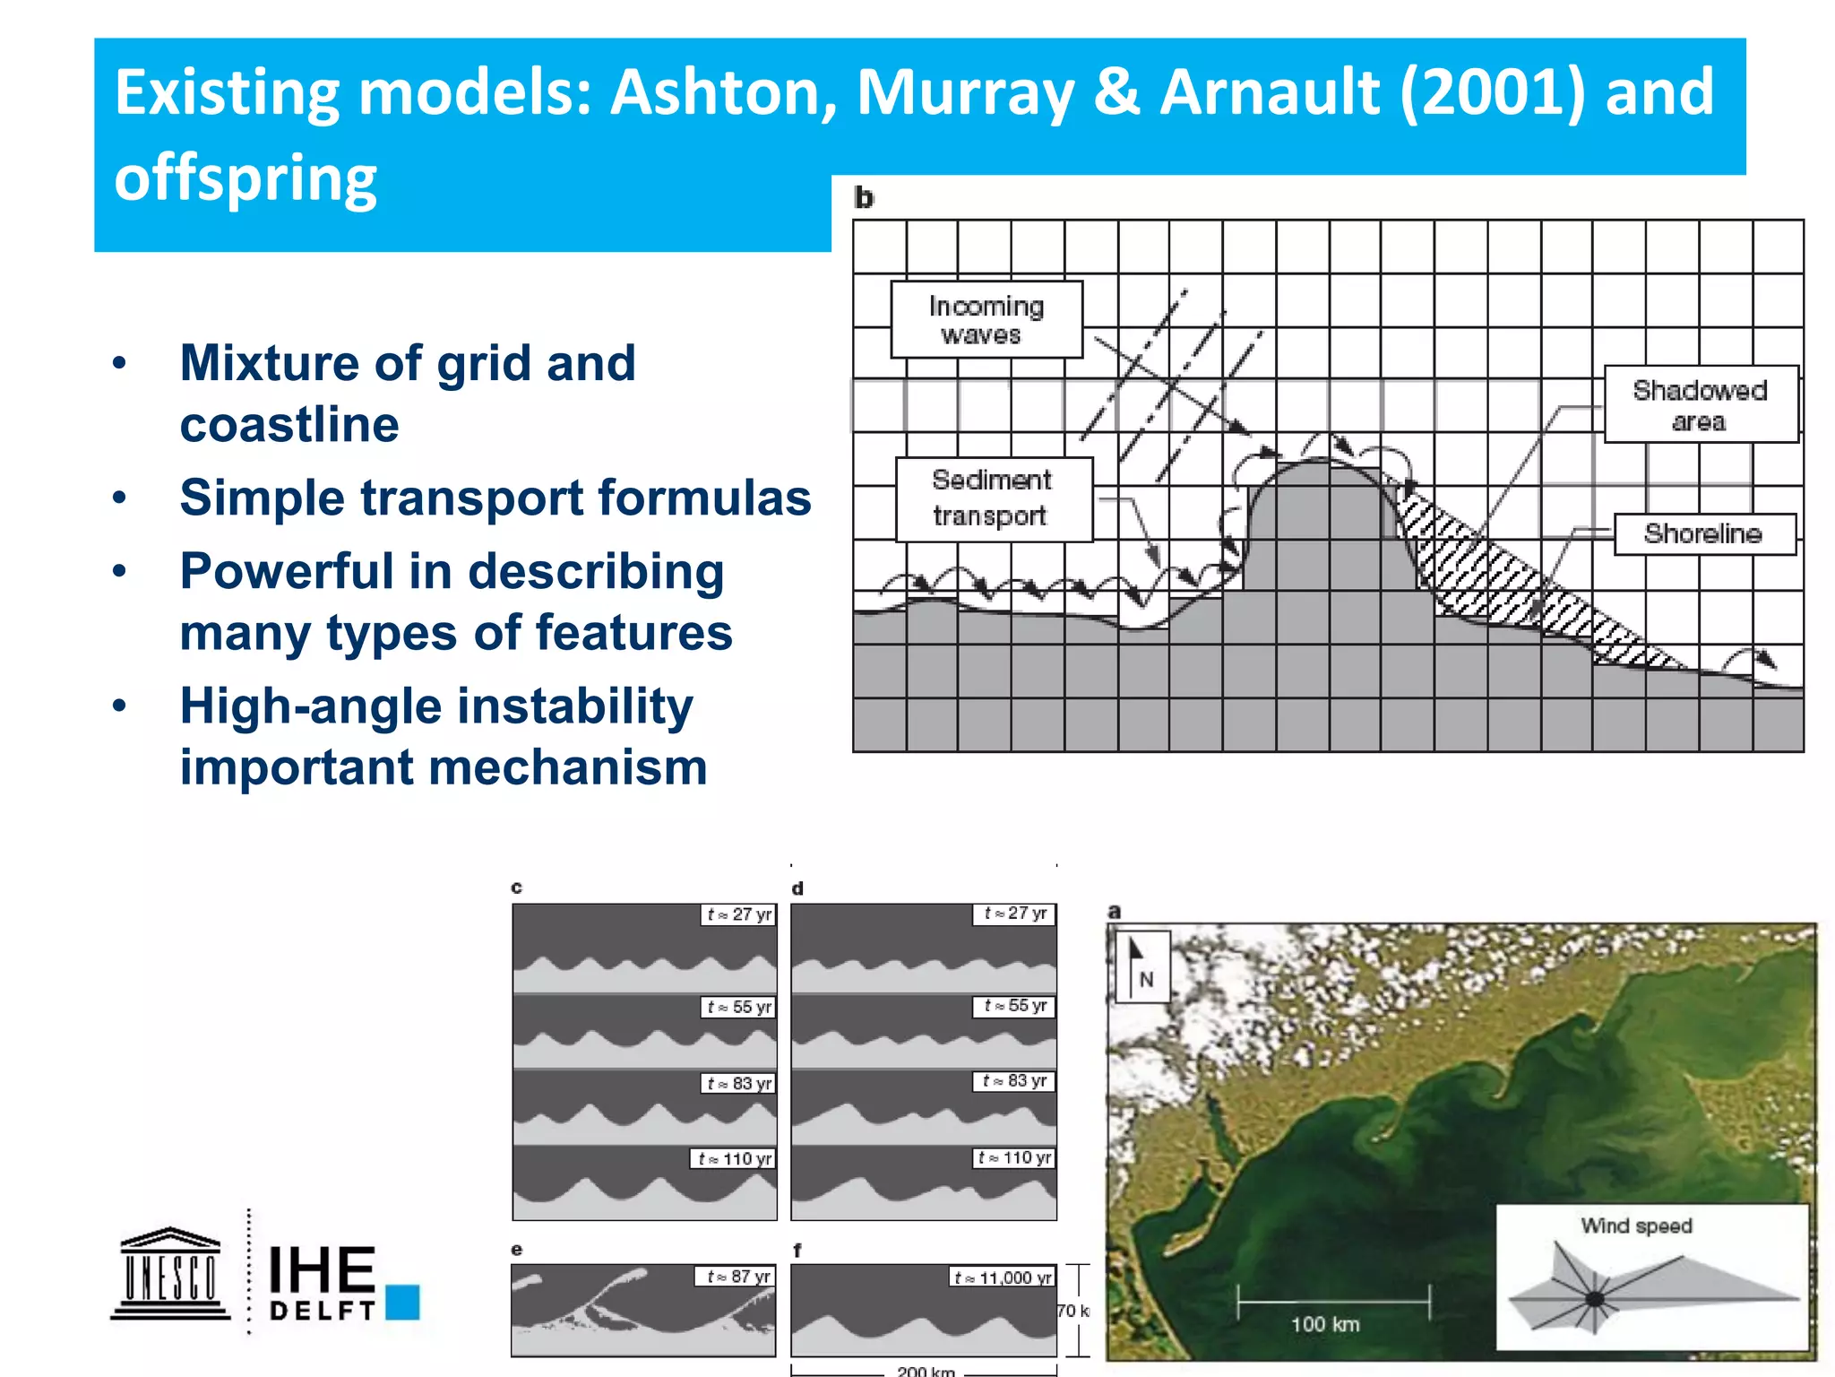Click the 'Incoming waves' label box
pyautogui.click(x=986, y=320)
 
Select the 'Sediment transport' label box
pyautogui.click(x=994, y=499)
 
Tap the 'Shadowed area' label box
pyautogui.click(x=1700, y=404)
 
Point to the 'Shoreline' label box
pyautogui.click(x=1704, y=534)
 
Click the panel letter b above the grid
pyautogui.click(x=864, y=198)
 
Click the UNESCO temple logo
pyautogui.click(x=170, y=1273)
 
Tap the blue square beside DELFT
pyautogui.click(x=403, y=1302)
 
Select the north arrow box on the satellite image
pyautogui.click(x=1140, y=966)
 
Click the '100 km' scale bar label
pyautogui.click(x=1325, y=1324)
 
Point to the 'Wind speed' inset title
pyautogui.click(x=1636, y=1226)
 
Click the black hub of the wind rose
pyautogui.click(x=1595, y=1299)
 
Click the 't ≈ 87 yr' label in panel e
pyautogui.click(x=737, y=1277)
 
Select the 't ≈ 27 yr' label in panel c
pyautogui.click(x=738, y=914)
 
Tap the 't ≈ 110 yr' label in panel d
pyautogui.click(x=1014, y=1158)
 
